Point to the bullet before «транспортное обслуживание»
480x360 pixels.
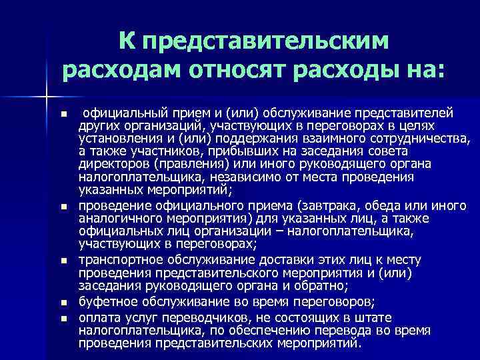pos(63,258)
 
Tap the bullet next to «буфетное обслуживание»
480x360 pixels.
pos(63,302)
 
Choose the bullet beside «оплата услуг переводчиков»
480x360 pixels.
pos(63,317)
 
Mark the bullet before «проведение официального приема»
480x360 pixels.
pos(63,209)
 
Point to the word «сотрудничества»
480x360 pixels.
pos(417,139)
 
